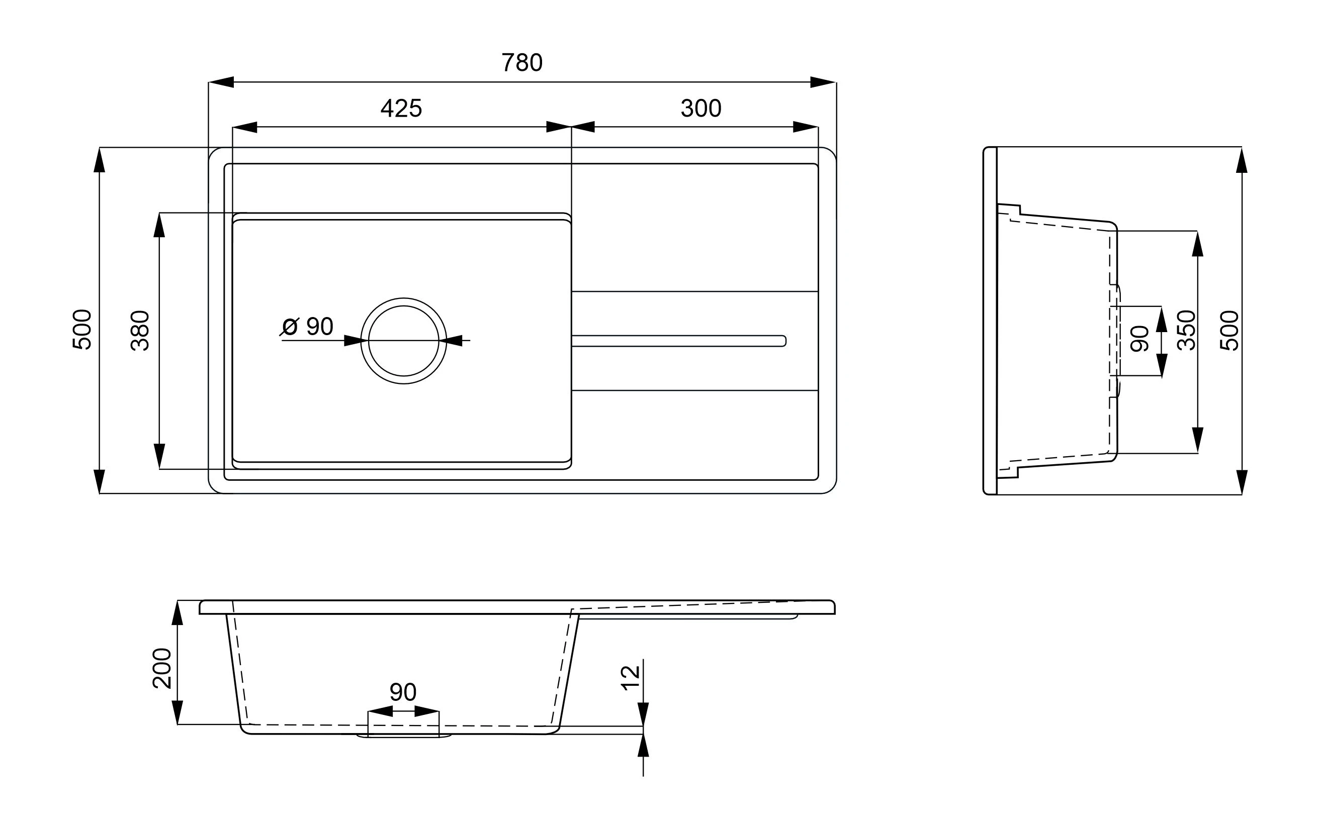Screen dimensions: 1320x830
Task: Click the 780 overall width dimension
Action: pos(522,63)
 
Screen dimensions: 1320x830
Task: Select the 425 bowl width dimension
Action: pos(401,109)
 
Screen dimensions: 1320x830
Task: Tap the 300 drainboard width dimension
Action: pos(701,109)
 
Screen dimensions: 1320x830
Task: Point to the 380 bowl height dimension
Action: pos(140,331)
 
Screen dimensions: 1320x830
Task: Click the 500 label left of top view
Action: pos(82,329)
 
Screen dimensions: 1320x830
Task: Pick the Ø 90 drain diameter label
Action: pos(307,327)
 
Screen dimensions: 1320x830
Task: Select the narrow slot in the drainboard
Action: pos(679,341)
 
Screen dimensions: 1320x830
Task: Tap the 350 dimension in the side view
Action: pos(1186,331)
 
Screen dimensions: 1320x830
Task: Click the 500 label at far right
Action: pos(1229,331)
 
